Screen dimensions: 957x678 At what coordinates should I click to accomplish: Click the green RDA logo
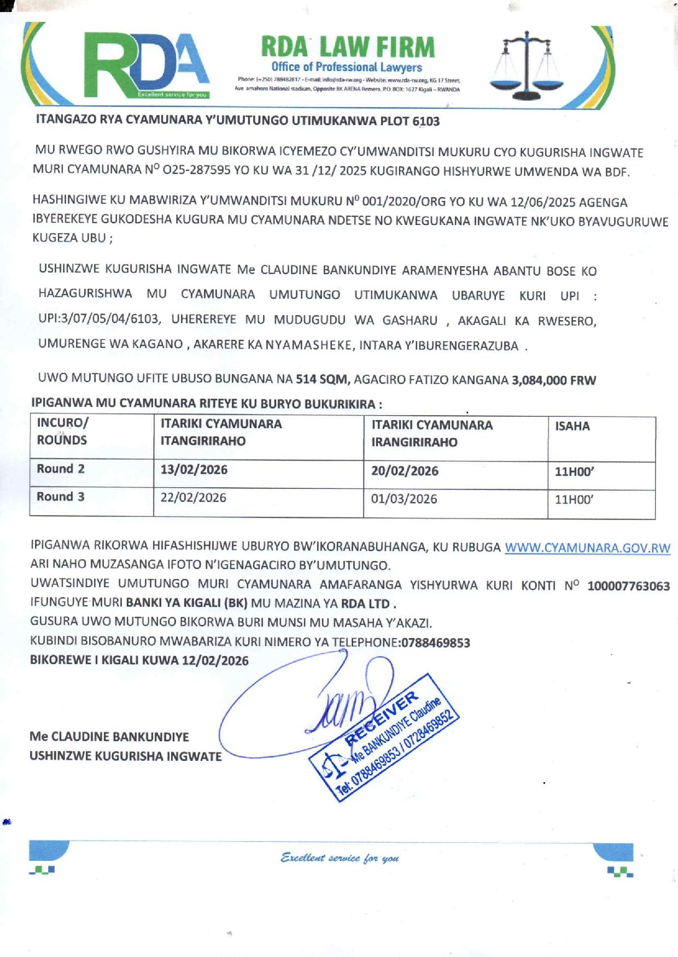[147, 64]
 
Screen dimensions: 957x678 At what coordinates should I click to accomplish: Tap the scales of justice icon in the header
[525, 63]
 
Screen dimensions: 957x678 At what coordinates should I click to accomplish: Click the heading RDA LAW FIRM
[348, 47]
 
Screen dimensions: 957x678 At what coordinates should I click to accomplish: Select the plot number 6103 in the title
[426, 121]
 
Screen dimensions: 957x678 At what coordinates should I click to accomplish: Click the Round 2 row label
[61, 469]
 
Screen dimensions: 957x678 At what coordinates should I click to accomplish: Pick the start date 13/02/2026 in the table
[194, 470]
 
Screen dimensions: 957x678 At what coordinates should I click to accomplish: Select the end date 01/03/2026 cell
[404, 499]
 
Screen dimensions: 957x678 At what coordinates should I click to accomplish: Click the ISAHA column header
[572, 426]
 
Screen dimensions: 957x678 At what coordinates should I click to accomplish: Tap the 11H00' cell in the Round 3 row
[574, 499]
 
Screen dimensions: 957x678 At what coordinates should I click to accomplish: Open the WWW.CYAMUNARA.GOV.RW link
[587, 548]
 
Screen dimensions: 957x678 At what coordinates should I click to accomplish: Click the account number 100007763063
[628, 586]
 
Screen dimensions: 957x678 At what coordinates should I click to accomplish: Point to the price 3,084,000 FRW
[553, 380]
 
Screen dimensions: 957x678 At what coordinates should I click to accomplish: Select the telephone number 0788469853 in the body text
[436, 642]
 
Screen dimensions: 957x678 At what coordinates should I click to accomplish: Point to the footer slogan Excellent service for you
[340, 858]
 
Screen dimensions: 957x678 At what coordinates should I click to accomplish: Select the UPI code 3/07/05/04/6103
[107, 319]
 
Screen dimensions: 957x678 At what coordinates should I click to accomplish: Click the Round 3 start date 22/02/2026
[193, 498]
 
